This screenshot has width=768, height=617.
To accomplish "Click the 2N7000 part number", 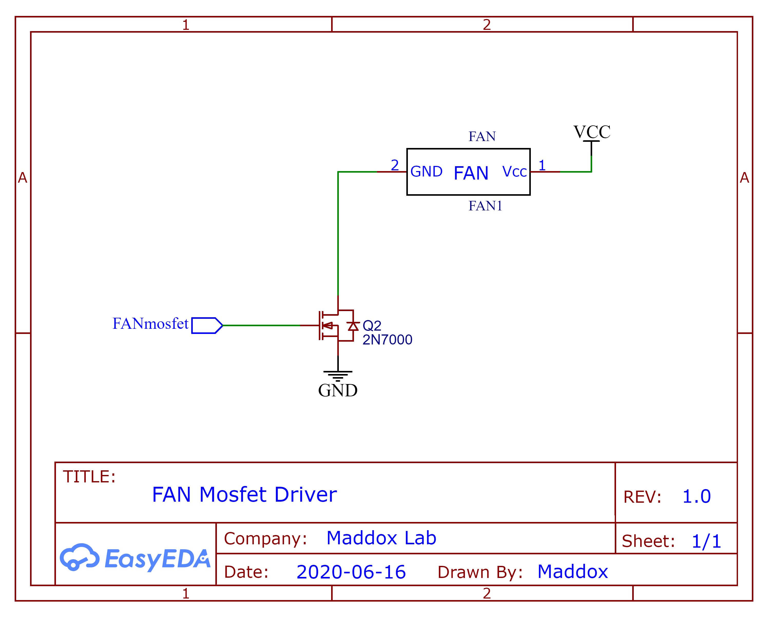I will point(387,340).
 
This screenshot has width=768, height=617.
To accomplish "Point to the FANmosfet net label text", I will point(150,324).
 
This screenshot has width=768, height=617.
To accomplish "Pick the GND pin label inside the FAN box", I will point(426,172).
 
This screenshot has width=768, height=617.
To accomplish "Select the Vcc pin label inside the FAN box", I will point(514,172).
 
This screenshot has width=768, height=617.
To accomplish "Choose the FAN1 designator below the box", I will point(485,206).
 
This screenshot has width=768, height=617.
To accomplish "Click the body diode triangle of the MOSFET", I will point(353,326).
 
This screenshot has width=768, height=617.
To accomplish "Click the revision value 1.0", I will point(696,496).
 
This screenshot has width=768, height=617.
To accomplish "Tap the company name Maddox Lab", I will point(381,538).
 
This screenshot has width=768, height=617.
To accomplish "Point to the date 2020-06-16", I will point(351,572).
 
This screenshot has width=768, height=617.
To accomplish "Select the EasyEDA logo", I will point(135,558).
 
